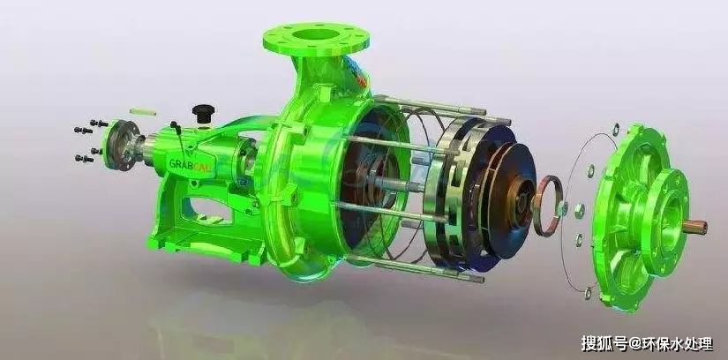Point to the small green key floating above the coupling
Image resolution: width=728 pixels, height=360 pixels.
tap(143, 111)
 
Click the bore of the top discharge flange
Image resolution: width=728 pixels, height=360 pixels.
tap(316, 34)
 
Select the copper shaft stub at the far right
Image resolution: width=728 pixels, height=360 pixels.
tap(694, 227)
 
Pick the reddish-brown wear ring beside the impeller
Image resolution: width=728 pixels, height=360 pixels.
tap(547, 206)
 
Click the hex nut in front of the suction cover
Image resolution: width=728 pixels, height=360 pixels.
tap(579, 210)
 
